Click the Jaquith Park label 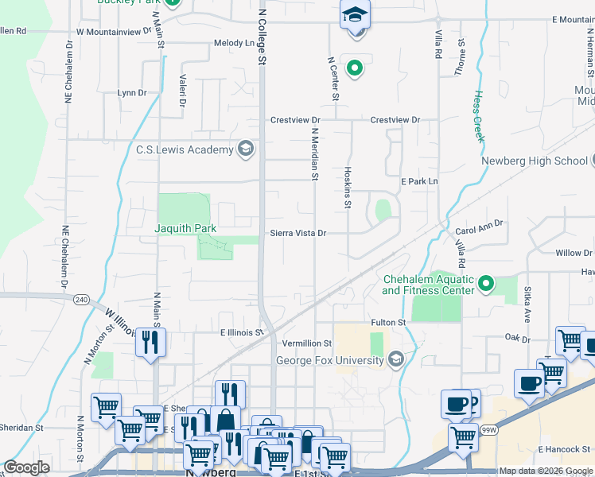[185, 228]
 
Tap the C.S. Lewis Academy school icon [247, 149]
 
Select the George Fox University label [330, 360]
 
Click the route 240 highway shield [82, 300]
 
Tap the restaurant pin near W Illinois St [150, 343]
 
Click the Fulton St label [388, 322]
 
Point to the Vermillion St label [306, 343]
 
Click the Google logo [26, 467]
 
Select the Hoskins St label [347, 188]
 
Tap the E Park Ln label [419, 181]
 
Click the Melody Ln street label [232, 44]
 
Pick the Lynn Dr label [132, 93]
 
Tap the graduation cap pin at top [355, 15]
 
